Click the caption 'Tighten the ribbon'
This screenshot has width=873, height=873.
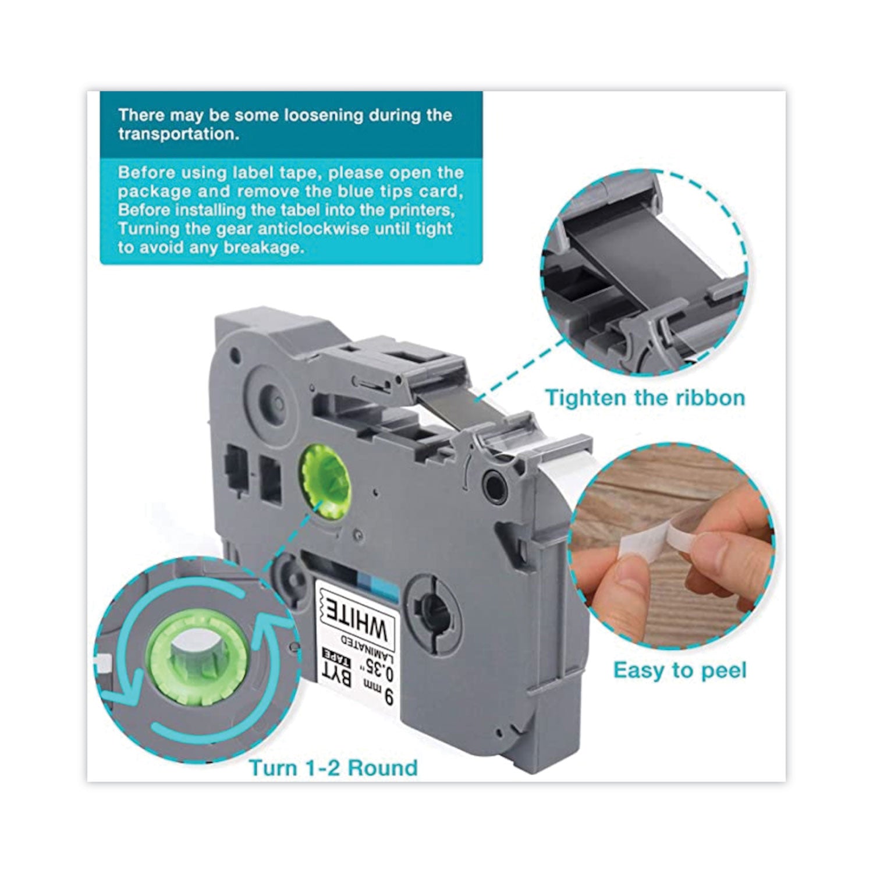pos(645,398)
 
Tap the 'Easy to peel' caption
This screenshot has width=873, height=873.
pos(680,670)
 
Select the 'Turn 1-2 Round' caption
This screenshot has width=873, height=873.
pos(333,768)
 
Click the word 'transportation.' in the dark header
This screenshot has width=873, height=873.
pos(179,134)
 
